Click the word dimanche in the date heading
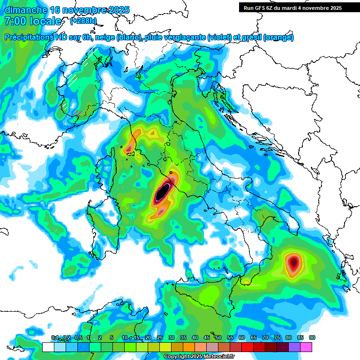click(25, 10)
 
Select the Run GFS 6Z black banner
click(292, 7)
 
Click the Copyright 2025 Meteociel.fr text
click(199, 357)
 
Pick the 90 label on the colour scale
click(312, 338)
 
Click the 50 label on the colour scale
click(218, 338)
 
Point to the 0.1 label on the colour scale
click(54, 338)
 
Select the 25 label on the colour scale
click(160, 338)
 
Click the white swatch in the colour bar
click(48, 347)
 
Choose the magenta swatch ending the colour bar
click(307, 347)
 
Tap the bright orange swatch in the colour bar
click(189, 347)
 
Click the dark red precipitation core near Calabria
click(293, 263)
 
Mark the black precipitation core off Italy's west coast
click(162, 192)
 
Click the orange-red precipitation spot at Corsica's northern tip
click(129, 149)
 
